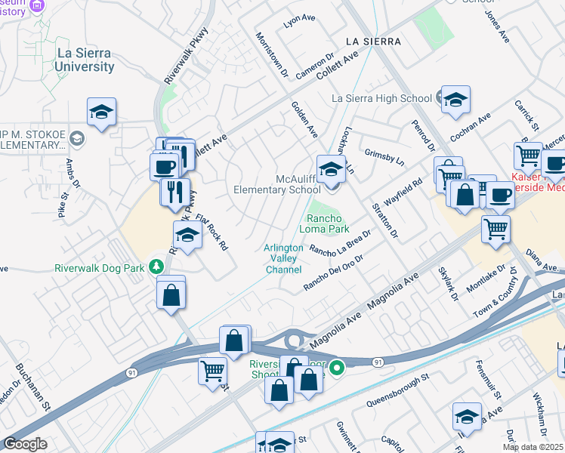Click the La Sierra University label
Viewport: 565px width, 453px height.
point(85,60)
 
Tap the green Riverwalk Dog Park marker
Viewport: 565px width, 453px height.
point(156,267)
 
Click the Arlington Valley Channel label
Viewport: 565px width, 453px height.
point(283,258)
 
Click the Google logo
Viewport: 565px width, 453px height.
point(25,444)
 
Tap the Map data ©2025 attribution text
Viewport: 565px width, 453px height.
point(533,447)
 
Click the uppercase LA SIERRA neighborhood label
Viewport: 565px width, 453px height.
point(372,42)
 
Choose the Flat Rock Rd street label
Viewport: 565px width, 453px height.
point(213,233)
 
